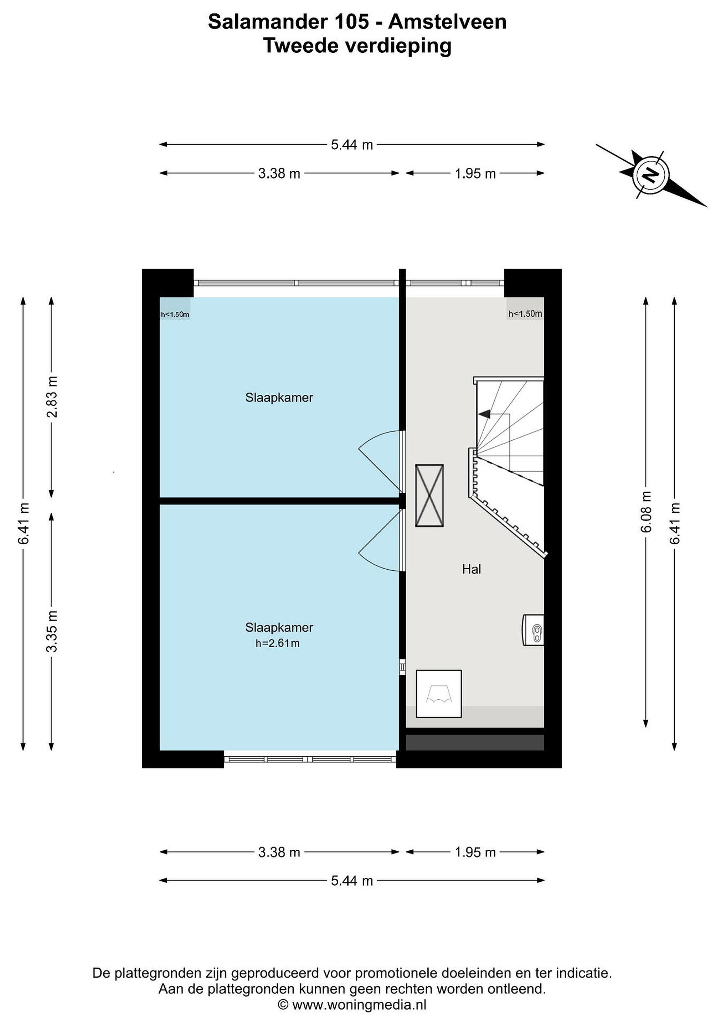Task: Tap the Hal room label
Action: coord(472,569)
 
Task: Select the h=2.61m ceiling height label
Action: coord(277,643)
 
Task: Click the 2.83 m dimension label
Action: coord(52,397)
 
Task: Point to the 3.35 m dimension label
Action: coord(52,631)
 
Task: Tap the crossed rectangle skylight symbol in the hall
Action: coord(429,495)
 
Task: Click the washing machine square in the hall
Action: coord(438,694)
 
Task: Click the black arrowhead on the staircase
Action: coord(484,414)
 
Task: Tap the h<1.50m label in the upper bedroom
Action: coord(175,315)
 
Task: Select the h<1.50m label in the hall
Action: coord(525,314)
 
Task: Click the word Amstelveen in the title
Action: coord(448,22)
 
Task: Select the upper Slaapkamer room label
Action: coord(279,397)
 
